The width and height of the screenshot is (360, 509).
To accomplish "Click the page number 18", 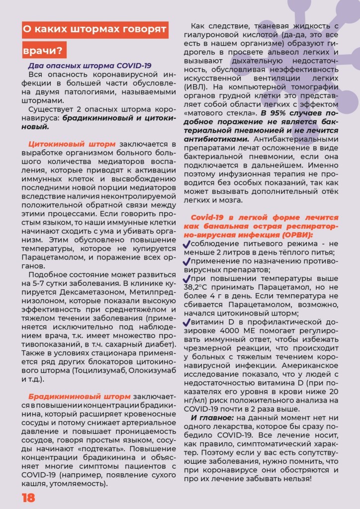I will point(28,498).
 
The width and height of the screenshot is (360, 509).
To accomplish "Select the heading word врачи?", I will point(44,50).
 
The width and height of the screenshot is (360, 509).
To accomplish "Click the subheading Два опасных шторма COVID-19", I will point(90,66).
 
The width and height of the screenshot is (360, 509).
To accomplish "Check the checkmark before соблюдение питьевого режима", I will point(186,244).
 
